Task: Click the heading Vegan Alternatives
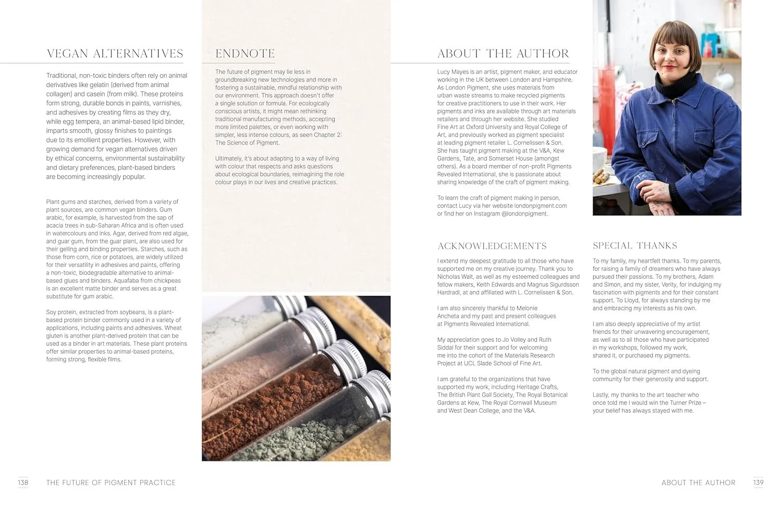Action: click(115, 54)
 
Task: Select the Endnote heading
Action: click(245, 54)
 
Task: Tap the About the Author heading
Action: click(503, 54)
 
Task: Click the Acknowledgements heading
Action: click(492, 246)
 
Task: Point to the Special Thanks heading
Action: click(634, 245)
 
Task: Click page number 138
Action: click(23, 482)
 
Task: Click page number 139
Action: click(758, 482)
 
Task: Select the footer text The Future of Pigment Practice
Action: click(111, 483)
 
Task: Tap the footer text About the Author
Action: click(698, 483)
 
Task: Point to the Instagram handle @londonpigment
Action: click(524, 214)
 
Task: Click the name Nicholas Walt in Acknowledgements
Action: click(456, 277)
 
